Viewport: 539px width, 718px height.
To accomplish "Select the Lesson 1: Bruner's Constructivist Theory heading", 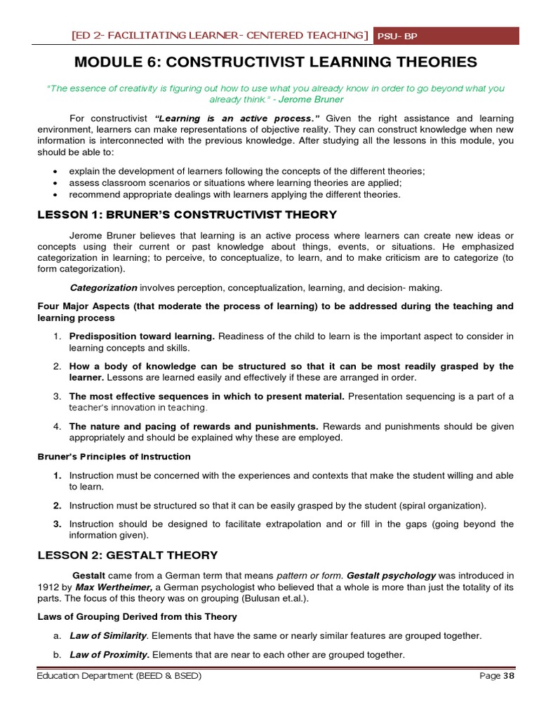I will pos(187,215).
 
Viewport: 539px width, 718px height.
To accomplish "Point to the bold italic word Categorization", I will pos(104,287).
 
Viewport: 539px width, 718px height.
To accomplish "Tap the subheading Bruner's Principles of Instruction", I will pos(114,456).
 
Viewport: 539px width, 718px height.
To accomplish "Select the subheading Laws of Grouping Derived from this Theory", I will pos(137,617).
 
